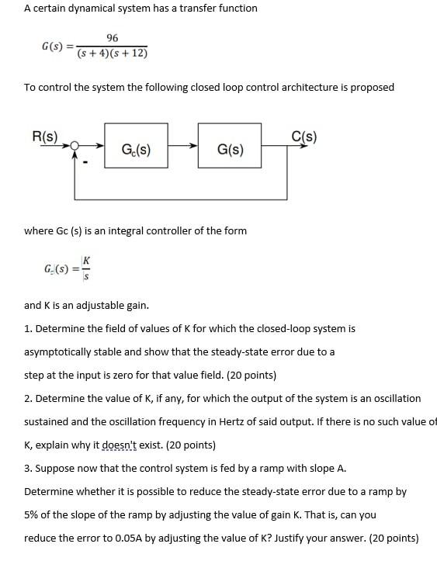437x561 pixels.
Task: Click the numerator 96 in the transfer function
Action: tap(113, 38)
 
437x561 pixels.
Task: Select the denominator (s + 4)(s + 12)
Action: tap(113, 54)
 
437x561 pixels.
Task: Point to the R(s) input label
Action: tap(44, 137)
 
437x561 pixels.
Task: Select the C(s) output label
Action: tap(303, 137)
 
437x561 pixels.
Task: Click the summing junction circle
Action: tap(75, 145)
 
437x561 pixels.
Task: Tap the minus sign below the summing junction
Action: tap(87, 162)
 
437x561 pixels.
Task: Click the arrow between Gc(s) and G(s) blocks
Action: tap(182, 145)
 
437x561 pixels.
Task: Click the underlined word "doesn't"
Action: tap(123, 445)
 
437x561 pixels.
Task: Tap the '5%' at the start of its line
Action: tap(33, 514)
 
